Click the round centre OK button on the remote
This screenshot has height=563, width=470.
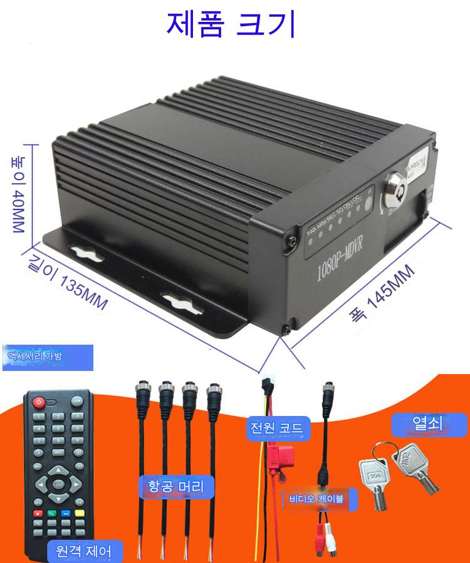(58, 483)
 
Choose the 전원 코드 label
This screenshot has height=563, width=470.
(276, 429)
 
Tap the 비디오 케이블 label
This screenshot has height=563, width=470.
(320, 499)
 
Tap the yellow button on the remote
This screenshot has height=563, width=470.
(80, 514)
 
